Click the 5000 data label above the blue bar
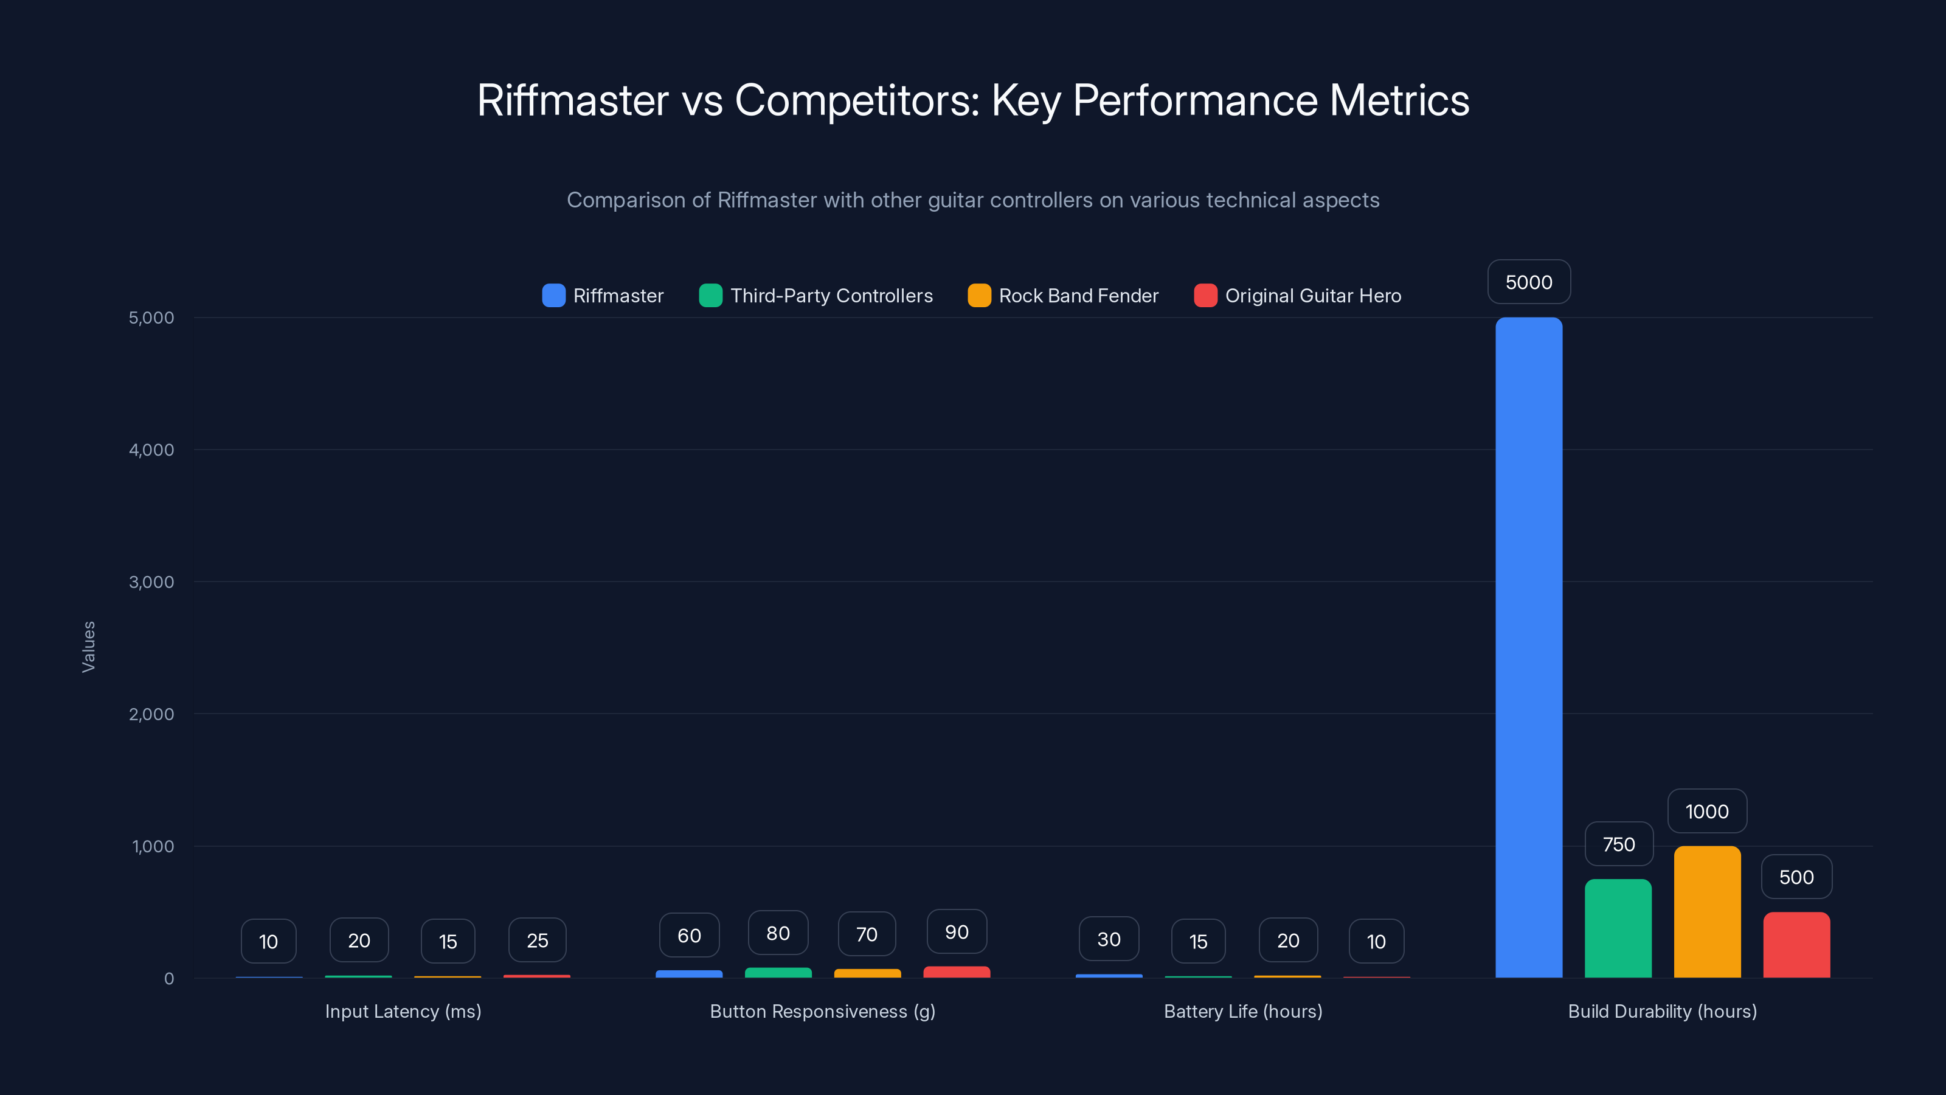point(1528,282)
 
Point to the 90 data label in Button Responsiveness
point(957,932)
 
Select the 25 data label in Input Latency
point(537,940)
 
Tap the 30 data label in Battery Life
point(1108,939)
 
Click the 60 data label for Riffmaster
point(689,936)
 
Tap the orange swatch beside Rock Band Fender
point(979,296)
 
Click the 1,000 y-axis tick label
point(153,846)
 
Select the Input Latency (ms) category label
point(403,1011)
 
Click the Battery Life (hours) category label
point(1242,1011)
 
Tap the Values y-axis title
point(88,647)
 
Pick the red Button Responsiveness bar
point(957,972)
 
